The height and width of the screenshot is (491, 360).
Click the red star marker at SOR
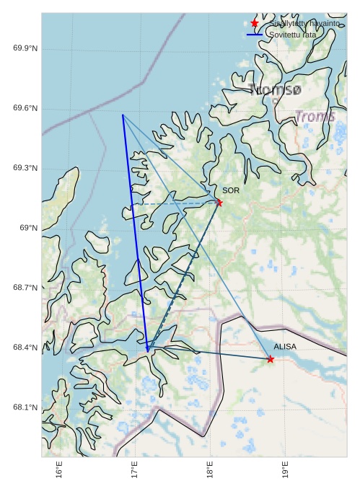(219, 203)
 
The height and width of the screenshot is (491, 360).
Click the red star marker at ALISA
(271, 359)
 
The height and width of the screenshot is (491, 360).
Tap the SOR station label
(231, 190)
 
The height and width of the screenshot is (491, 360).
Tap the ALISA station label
(285, 347)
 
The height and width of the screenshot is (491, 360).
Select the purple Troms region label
(315, 116)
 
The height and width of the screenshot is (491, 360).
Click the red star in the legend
(255, 24)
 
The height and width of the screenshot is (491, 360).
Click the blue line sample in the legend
(255, 35)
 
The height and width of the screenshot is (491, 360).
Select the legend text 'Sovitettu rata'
(292, 35)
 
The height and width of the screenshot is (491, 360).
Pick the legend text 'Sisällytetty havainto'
(304, 24)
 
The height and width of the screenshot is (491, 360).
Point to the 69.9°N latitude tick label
(25, 48)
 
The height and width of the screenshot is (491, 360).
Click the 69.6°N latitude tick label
(25, 108)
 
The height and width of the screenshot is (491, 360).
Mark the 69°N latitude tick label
(28, 228)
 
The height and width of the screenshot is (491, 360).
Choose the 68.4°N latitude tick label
(25, 348)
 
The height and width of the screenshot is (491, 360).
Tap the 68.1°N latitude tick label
(25, 407)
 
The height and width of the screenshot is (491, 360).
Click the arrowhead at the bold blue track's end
(147, 350)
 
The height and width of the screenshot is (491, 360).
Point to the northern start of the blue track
(123, 115)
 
